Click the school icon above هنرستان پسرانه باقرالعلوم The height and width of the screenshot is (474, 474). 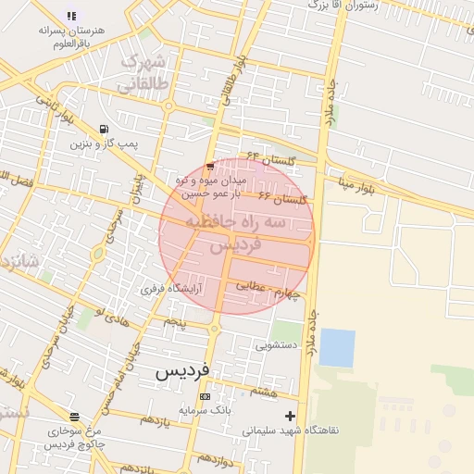(72, 16)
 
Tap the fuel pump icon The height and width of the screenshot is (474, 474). (103, 129)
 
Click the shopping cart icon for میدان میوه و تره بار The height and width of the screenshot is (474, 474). (210, 167)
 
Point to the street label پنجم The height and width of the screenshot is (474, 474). (175, 321)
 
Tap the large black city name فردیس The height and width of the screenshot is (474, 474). (183, 372)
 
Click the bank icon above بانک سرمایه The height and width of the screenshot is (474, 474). (205, 395)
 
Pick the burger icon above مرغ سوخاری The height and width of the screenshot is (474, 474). (74, 417)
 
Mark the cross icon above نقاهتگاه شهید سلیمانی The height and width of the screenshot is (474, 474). (291, 416)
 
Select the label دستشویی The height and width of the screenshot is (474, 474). (277, 345)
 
